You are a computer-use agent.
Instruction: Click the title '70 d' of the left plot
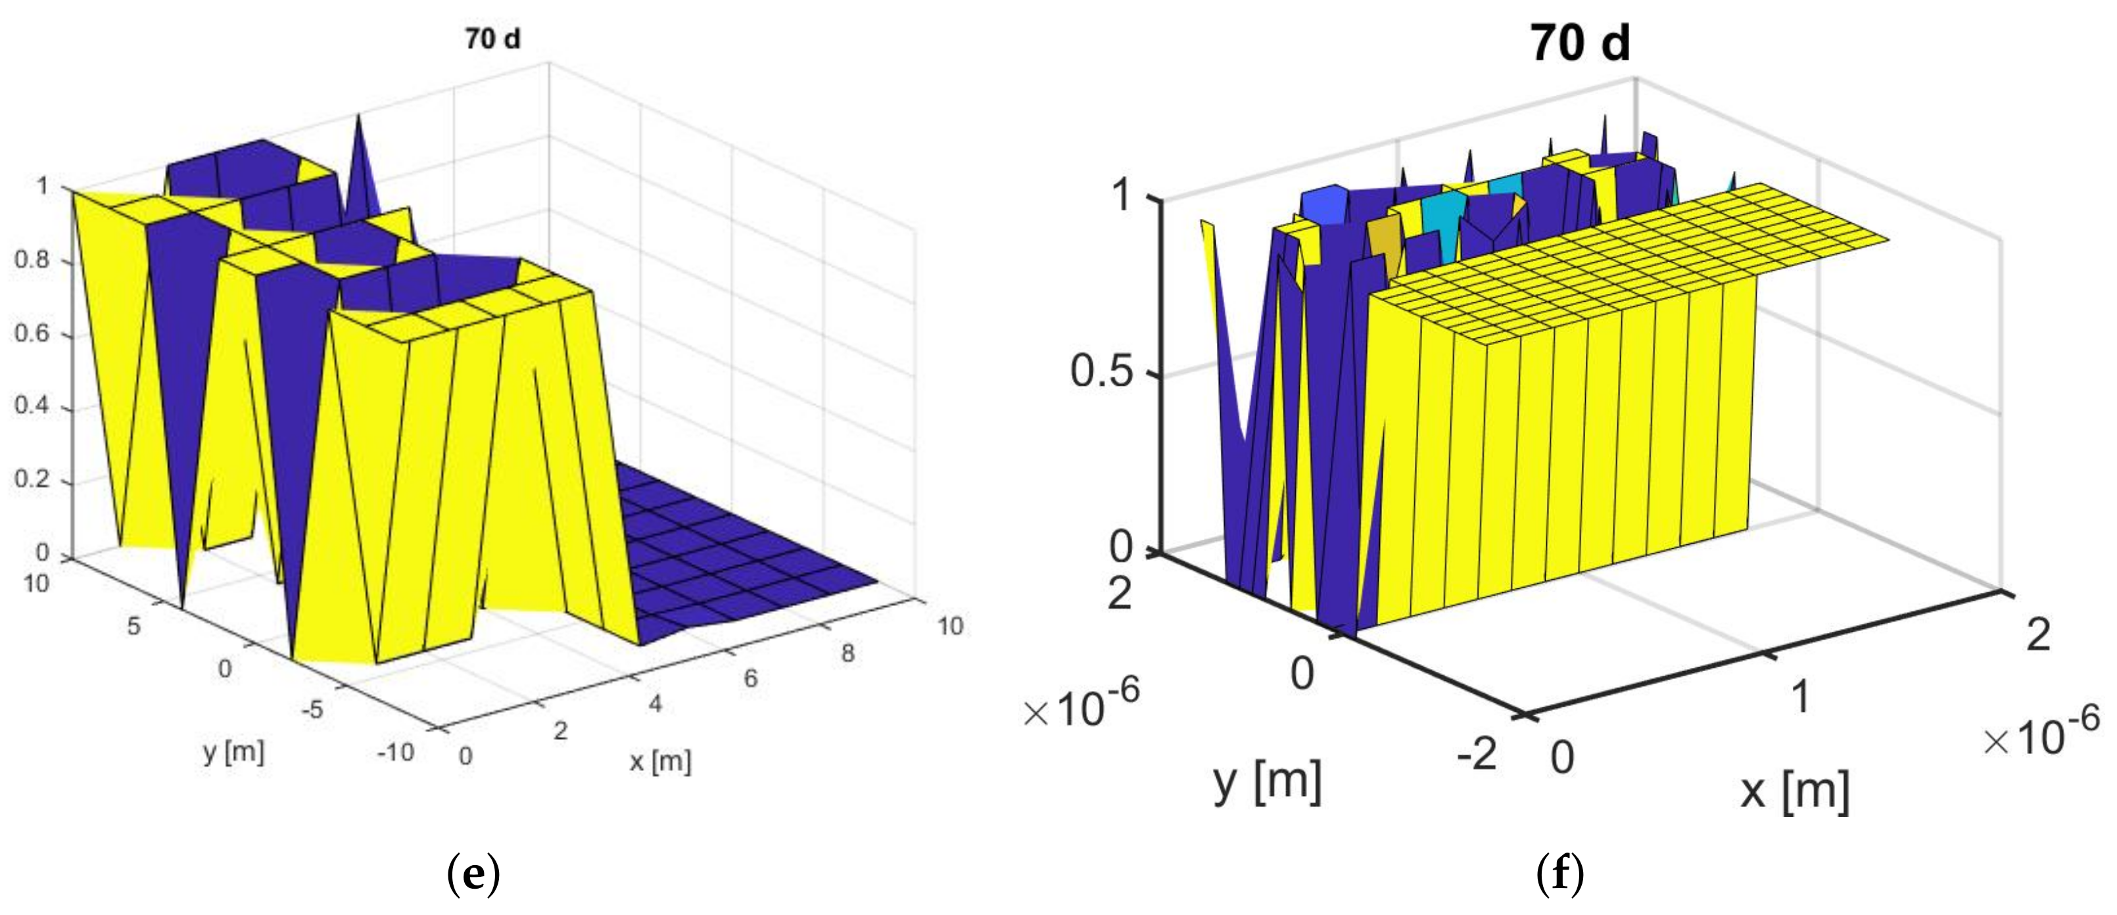point(492,39)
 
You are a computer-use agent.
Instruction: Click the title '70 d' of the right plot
point(1579,43)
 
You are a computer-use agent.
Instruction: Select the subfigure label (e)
point(473,876)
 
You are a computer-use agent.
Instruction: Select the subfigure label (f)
point(1559,876)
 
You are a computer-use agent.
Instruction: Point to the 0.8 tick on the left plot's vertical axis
point(32,260)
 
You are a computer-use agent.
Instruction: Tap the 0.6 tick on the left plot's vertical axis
point(32,333)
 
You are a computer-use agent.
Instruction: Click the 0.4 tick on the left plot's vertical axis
point(32,406)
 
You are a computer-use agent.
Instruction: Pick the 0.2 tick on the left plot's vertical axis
point(32,479)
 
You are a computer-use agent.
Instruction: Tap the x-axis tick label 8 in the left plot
point(848,654)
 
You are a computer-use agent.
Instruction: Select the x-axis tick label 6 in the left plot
point(750,678)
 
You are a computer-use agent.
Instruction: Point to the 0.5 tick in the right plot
point(1101,371)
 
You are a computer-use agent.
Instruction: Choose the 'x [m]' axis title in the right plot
point(1795,792)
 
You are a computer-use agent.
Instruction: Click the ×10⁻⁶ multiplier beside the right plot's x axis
point(2041,734)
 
